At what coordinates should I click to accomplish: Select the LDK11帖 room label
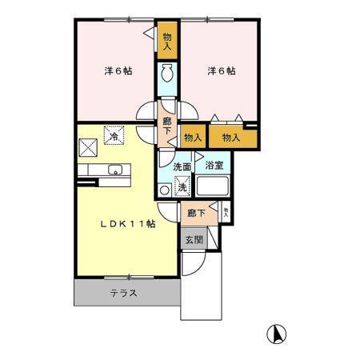click(129, 224)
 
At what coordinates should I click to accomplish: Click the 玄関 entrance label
click(194, 240)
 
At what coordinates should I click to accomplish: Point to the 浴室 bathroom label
click(214, 166)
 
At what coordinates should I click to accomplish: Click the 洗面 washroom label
click(183, 167)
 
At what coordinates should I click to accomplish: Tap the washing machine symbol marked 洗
click(182, 187)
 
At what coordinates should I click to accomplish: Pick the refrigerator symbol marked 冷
click(114, 137)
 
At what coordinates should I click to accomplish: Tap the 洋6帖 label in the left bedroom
click(118, 71)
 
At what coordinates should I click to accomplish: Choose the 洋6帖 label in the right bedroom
click(221, 71)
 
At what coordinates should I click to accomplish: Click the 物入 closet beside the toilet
click(168, 40)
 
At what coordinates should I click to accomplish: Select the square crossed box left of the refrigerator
click(88, 145)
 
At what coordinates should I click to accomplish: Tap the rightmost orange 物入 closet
click(231, 138)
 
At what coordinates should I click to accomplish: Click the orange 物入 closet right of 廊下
click(192, 138)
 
